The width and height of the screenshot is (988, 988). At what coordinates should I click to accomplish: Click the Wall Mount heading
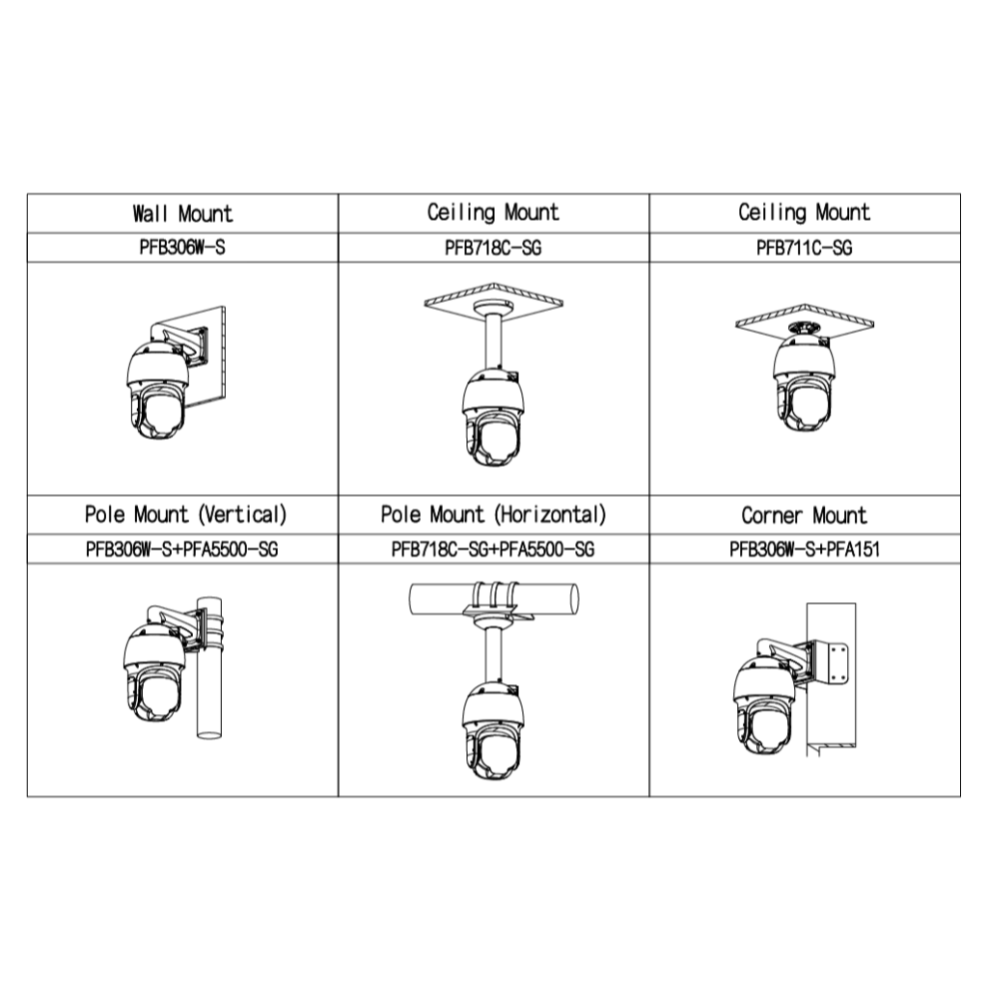(182, 213)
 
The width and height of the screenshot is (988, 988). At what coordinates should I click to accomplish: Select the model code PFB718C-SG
(493, 248)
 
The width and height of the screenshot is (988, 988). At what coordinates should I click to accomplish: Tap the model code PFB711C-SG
(804, 248)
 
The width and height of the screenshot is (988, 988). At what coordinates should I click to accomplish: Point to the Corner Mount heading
(804, 515)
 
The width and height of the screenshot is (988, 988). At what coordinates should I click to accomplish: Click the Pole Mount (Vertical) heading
(186, 515)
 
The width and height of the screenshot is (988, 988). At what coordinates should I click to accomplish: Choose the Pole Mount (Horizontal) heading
(493, 515)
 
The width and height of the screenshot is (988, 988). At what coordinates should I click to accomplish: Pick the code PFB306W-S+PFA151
(804, 549)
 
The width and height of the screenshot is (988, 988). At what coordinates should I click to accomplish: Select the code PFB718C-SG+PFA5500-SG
(493, 549)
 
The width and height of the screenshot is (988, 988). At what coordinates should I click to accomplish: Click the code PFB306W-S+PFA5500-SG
(182, 549)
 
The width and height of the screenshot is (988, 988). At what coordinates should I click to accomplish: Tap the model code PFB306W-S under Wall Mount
(182, 248)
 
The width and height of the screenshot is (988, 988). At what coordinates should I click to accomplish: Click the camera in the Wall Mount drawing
(157, 390)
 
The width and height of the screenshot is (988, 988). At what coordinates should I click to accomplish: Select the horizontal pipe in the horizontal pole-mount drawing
(494, 598)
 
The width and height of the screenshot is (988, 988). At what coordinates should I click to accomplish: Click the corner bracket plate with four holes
(838, 664)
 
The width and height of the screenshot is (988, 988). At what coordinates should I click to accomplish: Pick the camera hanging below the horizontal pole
(493, 731)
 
